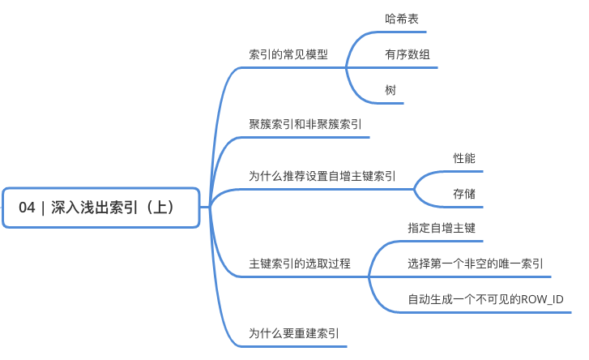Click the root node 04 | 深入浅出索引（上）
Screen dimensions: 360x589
[101, 208]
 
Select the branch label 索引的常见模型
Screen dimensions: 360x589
[288, 54]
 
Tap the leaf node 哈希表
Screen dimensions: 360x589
[402, 18]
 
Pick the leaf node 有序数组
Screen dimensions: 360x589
[408, 54]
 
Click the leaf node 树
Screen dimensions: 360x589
[391, 90]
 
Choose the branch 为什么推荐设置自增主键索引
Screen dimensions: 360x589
[322, 176]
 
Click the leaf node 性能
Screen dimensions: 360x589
[464, 158]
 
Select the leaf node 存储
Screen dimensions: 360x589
[464, 194]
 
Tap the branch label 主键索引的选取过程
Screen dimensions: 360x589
[299, 264]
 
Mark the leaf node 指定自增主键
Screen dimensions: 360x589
[441, 229]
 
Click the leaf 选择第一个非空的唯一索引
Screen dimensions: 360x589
[476, 264]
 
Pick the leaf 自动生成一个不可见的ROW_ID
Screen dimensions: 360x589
[485, 300]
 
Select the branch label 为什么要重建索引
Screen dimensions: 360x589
[294, 332]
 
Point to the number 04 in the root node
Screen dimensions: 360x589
[27, 208]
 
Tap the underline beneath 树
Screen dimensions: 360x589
[391, 103]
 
